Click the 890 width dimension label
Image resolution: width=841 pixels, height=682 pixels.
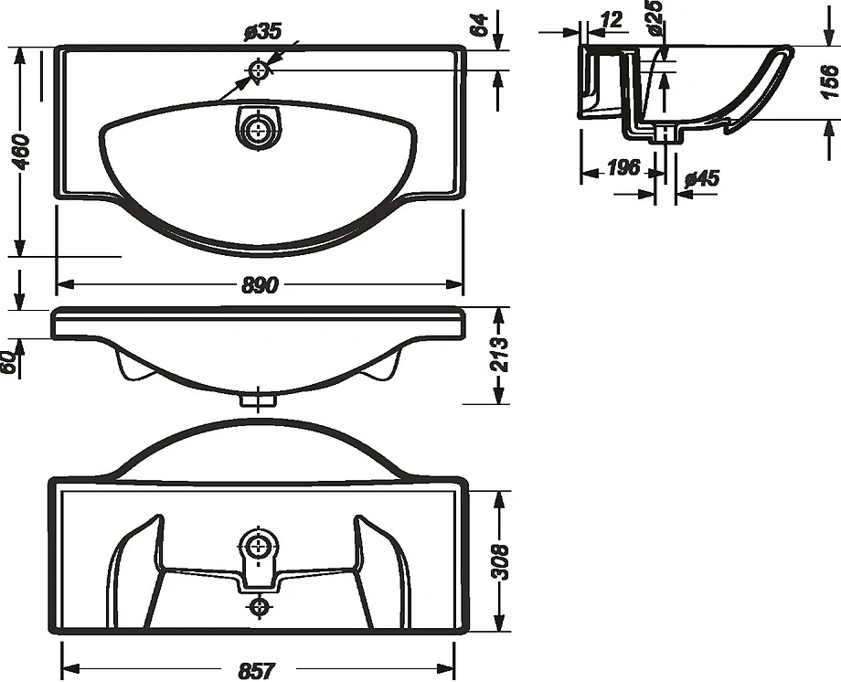[x=260, y=286]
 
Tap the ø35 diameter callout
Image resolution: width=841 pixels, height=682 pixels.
[x=262, y=32]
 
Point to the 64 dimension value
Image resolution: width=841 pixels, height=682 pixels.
[x=478, y=25]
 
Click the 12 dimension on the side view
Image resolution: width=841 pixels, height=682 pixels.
[x=612, y=18]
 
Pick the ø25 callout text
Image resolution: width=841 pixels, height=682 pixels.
[x=653, y=18]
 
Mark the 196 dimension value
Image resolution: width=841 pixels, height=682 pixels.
[x=623, y=168]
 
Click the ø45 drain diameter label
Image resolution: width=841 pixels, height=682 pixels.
[x=701, y=178]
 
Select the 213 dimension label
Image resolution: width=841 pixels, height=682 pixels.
[x=500, y=355]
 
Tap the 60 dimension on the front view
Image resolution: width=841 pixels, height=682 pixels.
[x=9, y=361]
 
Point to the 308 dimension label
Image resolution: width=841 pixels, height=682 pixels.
[x=499, y=560]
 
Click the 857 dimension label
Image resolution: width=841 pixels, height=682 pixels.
[x=257, y=670]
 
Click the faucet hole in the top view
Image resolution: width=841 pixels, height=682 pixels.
[x=261, y=69]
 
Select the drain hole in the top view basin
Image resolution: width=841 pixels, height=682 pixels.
[x=261, y=127]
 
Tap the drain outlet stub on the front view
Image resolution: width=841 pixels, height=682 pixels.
[x=260, y=399]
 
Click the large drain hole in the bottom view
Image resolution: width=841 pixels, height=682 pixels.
[x=261, y=547]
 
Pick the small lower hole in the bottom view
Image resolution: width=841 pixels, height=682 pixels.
[x=261, y=606]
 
